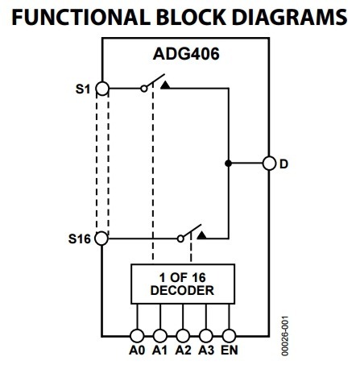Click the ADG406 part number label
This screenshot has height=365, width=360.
(186, 54)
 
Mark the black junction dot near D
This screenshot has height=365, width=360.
(228, 163)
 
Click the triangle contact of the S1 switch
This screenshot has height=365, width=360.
(165, 85)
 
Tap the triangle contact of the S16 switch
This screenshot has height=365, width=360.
(201, 235)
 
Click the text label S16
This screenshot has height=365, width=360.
(80, 238)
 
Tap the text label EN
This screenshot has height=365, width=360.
(230, 350)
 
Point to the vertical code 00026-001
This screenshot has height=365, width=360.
(285, 336)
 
